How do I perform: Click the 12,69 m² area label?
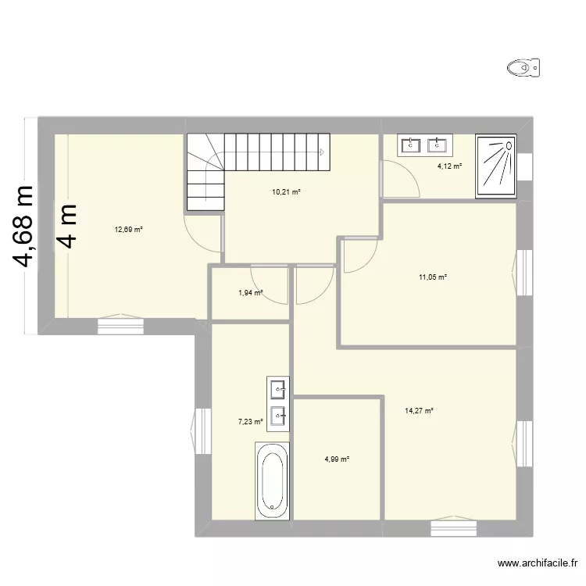point(129,230)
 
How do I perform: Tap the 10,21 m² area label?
point(286,191)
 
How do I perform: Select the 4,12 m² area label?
point(449,166)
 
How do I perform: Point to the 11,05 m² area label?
point(432,277)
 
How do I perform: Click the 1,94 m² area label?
point(250,293)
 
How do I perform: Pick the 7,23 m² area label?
point(250,422)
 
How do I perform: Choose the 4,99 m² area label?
point(336,459)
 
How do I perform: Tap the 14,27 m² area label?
point(419,410)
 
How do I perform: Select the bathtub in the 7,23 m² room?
point(273,480)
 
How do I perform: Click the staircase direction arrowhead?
point(322,152)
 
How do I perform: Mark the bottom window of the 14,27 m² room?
point(453,528)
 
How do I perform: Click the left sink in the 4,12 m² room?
point(411,145)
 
